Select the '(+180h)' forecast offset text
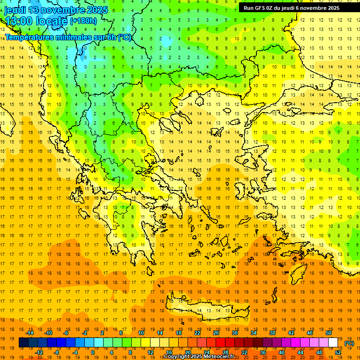(x=83, y=21)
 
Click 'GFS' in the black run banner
(x=261, y=8)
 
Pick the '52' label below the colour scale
(x=338, y=352)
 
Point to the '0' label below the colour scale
(x=93, y=352)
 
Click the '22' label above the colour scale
(x=197, y=333)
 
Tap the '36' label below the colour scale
(x=262, y=352)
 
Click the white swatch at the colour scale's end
(x=333, y=343)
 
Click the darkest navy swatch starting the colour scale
(x=23, y=343)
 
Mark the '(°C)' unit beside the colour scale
(x=349, y=343)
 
